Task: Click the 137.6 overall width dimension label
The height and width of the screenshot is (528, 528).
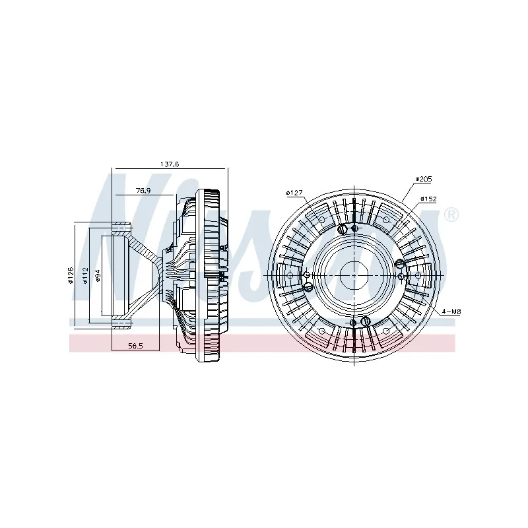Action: point(170,164)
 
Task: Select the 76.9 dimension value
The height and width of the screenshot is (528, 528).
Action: point(144,190)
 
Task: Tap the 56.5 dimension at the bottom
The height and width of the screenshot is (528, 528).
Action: point(135,345)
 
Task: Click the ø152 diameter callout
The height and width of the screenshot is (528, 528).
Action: point(428,199)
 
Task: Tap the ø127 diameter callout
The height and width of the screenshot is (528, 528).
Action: point(294,193)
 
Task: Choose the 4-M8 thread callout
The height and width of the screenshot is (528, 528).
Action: point(451,310)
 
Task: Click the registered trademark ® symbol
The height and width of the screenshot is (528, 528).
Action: point(451,214)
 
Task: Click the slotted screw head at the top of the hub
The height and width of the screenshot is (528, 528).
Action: point(342,229)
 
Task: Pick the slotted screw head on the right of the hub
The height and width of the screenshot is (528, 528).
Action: point(400,264)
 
